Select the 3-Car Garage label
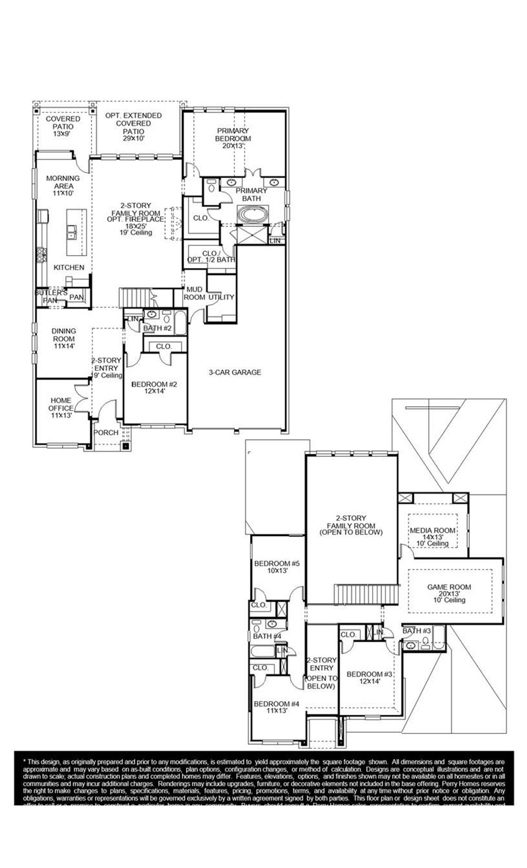coord(235,372)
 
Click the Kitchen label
coord(69,267)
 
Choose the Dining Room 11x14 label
coord(64,339)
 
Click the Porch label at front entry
coord(106,432)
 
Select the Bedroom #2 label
coord(154,387)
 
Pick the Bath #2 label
coord(157,328)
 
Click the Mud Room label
coord(194,293)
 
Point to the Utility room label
coord(221,297)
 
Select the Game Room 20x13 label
coord(449,593)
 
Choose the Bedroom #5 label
coord(277,566)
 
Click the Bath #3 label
coord(416,631)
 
